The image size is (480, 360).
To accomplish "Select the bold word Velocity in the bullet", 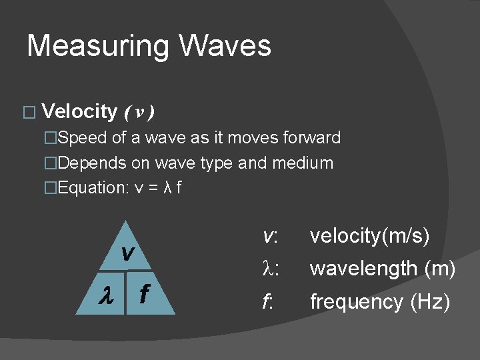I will [79, 111].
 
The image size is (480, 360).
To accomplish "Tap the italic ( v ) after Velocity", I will [139, 112].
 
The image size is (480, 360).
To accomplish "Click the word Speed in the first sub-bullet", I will [78, 138].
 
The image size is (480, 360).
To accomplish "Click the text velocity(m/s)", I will [370, 236].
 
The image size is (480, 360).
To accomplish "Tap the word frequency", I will [357, 302].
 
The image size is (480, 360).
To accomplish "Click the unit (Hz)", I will [430, 302].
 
